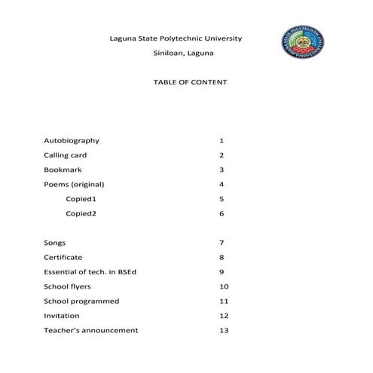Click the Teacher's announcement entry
(91, 330)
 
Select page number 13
(223, 330)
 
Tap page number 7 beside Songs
(222, 243)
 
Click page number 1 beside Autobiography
(222, 141)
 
